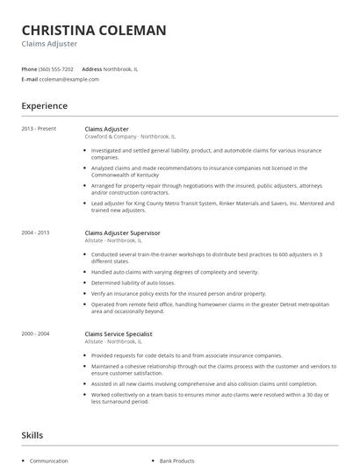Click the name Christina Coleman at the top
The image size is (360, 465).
click(x=94, y=30)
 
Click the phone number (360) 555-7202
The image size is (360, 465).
click(x=57, y=68)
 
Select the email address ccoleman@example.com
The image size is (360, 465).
click(x=69, y=79)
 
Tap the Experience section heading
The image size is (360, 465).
click(x=45, y=106)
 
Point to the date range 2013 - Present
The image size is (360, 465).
click(x=39, y=129)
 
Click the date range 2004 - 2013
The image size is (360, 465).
click(x=36, y=232)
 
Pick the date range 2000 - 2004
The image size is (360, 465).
click(x=36, y=334)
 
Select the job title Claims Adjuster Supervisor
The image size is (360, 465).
click(x=122, y=232)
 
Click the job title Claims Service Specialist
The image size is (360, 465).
click(x=119, y=334)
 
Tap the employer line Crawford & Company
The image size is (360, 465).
click(x=110, y=137)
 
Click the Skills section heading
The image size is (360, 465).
click(x=32, y=435)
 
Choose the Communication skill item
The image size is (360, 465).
click(x=48, y=460)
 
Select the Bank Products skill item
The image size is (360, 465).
click(x=178, y=460)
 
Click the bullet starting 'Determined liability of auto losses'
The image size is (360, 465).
click(x=133, y=283)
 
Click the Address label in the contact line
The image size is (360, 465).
click(x=92, y=68)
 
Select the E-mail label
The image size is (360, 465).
click(x=29, y=79)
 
